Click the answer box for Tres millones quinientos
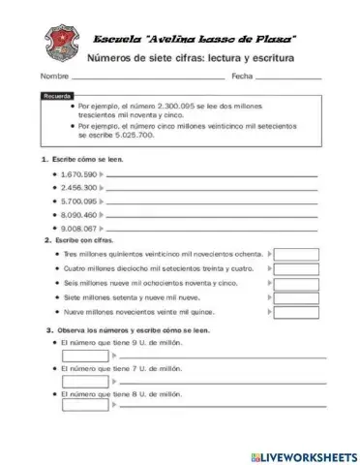pyautogui.click(x=296, y=253)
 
